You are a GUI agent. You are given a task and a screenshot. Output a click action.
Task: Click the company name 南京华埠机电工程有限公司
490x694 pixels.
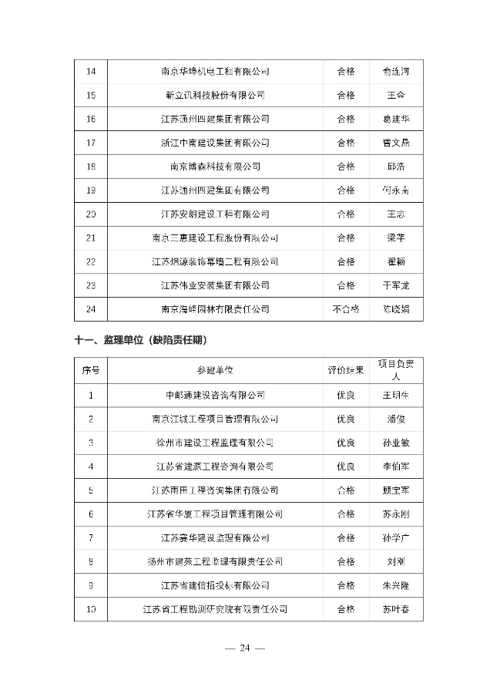pyautogui.click(x=215, y=72)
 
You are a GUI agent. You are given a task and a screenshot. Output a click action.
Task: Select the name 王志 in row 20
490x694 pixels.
pyautogui.click(x=396, y=214)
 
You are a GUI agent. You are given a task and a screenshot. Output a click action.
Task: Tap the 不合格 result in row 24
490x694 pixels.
pyautogui.click(x=346, y=309)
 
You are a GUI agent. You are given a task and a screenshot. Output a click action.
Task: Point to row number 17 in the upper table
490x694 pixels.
pyautogui.click(x=91, y=143)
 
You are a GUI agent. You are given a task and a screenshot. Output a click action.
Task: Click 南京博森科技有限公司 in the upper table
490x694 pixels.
pyautogui.click(x=215, y=167)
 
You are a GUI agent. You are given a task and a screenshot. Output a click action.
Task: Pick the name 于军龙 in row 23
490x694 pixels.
pyautogui.click(x=396, y=285)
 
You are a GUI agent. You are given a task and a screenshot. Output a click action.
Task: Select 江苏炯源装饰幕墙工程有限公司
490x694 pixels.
pyautogui.click(x=215, y=261)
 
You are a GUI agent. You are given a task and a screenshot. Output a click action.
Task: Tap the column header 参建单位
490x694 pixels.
pyautogui.click(x=215, y=371)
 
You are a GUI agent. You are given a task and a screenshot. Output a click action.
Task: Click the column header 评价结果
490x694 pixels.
pyautogui.click(x=346, y=371)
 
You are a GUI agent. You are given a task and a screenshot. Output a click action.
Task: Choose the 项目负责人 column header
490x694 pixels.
pyautogui.click(x=396, y=371)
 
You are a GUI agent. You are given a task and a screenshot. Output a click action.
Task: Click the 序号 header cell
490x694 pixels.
pyautogui.click(x=91, y=371)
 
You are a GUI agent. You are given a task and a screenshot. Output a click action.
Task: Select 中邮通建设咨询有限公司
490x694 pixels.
pyautogui.click(x=215, y=396)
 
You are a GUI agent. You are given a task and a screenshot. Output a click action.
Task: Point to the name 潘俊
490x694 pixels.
pyautogui.click(x=396, y=419)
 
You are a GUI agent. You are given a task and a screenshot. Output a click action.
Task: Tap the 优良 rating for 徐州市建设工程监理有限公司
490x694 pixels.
pyautogui.click(x=346, y=443)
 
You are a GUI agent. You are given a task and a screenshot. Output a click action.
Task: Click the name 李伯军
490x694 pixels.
pyautogui.click(x=396, y=467)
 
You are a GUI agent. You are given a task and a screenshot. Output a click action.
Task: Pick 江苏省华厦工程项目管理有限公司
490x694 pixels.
pyautogui.click(x=215, y=514)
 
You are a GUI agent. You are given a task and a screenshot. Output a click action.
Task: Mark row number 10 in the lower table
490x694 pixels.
pyautogui.click(x=91, y=609)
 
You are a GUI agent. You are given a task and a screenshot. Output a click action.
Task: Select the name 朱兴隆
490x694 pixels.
pyautogui.click(x=396, y=585)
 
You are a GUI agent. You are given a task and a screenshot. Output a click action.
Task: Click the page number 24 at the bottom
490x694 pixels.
pyautogui.click(x=245, y=648)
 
